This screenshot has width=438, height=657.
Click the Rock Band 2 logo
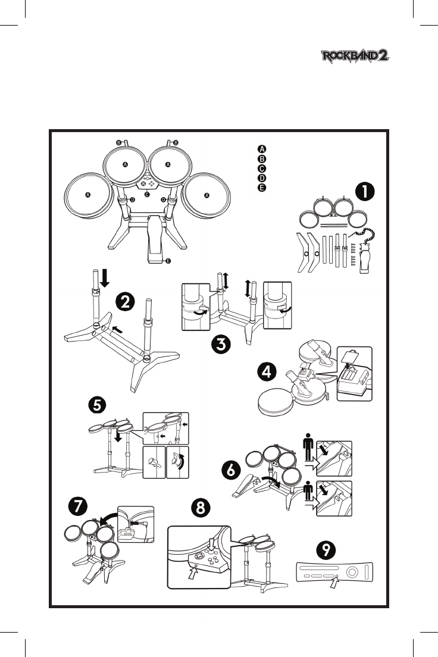click(x=355, y=57)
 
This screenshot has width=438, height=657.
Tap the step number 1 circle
click(x=365, y=193)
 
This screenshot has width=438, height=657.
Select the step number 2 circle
click(x=124, y=302)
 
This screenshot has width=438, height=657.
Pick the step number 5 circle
click(x=98, y=405)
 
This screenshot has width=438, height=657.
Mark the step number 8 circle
click(x=202, y=508)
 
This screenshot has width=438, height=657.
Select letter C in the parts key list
click(x=261, y=168)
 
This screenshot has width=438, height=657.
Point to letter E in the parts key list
click(x=261, y=188)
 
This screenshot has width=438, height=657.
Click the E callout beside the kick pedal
click(x=168, y=261)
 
